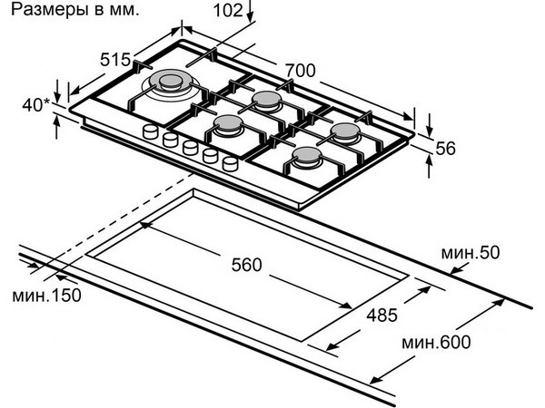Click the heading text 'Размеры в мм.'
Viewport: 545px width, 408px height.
coord(74,9)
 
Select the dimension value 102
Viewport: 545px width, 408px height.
coord(228,10)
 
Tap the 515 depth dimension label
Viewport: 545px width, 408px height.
coord(115,60)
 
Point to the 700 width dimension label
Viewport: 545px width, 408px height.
coord(301,71)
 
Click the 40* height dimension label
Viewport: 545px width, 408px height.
coord(35,105)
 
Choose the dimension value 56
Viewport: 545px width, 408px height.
coord(445,148)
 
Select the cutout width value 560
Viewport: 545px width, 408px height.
coord(246,265)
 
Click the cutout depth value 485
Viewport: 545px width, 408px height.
coord(382,315)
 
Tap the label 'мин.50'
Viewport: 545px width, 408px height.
coord(471,253)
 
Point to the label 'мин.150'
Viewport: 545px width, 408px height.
coord(46,296)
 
